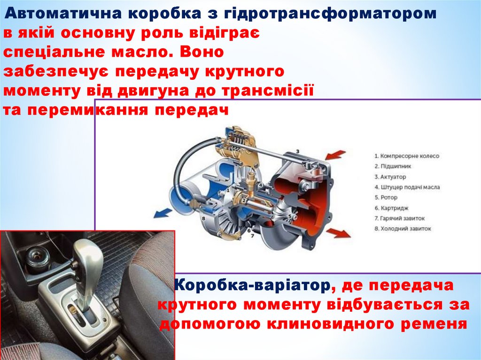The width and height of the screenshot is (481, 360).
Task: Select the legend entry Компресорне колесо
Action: click(x=407, y=156)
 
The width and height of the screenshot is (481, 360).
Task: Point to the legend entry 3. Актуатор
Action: click(x=390, y=176)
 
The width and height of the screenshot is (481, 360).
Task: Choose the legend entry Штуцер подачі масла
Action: click(x=407, y=187)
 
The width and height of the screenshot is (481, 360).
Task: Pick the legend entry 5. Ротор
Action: click(x=386, y=198)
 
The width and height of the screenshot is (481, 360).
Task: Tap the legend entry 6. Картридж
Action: click(x=391, y=208)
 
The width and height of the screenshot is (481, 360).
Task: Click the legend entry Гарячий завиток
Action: click(x=399, y=218)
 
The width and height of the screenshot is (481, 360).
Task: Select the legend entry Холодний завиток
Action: click(x=403, y=229)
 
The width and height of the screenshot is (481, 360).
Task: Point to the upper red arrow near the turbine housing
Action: click(x=336, y=154)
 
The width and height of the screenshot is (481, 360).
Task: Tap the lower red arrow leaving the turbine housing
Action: click(x=338, y=233)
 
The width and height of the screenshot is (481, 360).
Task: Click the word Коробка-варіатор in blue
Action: click(x=252, y=285)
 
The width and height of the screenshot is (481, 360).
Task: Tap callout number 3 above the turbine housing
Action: click(x=297, y=151)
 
